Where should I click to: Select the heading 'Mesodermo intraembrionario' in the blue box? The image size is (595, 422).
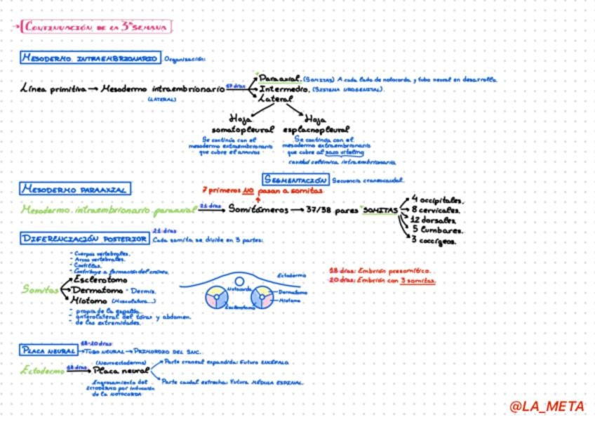coord(89,58)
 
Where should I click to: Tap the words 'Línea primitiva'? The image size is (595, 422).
coord(53,90)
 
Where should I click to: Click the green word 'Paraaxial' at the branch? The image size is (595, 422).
coord(279,79)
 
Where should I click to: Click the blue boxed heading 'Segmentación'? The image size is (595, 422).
coord(297,180)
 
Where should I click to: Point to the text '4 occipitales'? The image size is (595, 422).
coord(437,199)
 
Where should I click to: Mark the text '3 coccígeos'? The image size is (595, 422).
coord(434,241)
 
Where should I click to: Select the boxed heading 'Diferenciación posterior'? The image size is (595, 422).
coord(84,239)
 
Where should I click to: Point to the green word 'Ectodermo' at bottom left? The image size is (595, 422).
coord(44,369)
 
